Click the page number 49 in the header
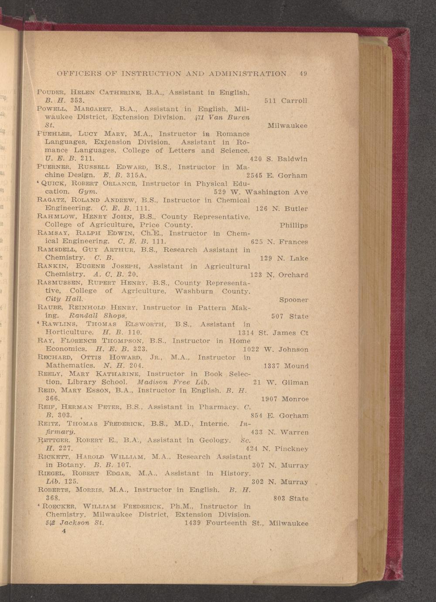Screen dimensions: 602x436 pyautogui.click(x=303, y=74)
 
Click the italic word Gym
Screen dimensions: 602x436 pyautogui.click(x=88, y=192)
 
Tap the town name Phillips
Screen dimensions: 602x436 pyautogui.click(x=293, y=226)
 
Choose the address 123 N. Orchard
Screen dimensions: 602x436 pyautogui.click(x=279, y=275)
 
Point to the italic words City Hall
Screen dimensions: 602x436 pyautogui.click(x=64, y=299)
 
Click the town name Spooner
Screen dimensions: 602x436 pyautogui.click(x=293, y=300)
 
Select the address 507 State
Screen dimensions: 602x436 pyautogui.click(x=290, y=316)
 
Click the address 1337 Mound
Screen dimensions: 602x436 pyautogui.click(x=286, y=366)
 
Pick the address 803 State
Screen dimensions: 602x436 pyautogui.click(x=290, y=499)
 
